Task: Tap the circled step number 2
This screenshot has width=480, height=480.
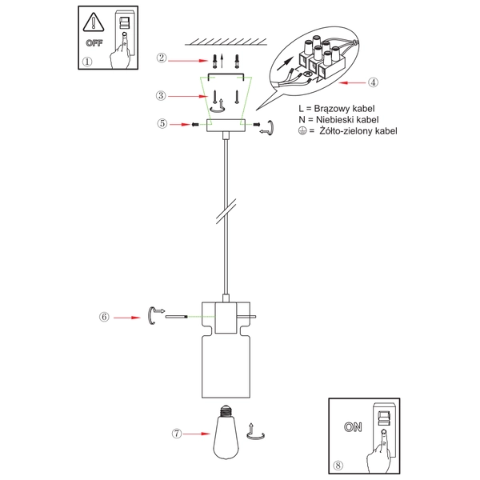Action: (162, 58)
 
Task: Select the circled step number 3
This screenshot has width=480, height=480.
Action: (162, 95)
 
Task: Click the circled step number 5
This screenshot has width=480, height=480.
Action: (162, 124)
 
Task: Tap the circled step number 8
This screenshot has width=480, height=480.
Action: (338, 462)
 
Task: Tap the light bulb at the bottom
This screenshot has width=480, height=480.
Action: (228, 433)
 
